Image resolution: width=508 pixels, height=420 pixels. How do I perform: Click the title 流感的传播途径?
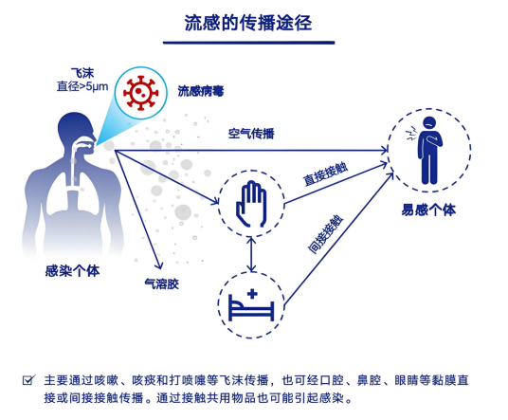point(248,23)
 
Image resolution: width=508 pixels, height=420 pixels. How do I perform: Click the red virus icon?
point(140,93)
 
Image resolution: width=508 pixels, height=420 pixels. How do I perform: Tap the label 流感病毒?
point(201,91)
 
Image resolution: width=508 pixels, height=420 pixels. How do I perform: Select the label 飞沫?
point(82,73)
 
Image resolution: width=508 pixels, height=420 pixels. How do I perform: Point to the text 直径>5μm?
point(82,86)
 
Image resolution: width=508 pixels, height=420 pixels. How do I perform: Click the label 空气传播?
point(251,133)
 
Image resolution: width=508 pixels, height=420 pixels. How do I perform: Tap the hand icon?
point(251,204)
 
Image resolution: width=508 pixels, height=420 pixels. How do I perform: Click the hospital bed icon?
point(251,305)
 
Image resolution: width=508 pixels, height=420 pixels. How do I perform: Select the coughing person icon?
point(427,150)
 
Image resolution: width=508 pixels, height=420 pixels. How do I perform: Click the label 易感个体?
point(428,210)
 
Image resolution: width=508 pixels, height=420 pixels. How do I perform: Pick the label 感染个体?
point(72,271)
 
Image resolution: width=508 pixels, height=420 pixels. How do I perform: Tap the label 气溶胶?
point(162,284)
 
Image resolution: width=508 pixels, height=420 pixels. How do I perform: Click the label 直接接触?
point(326,174)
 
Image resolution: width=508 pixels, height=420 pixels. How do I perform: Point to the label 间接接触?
point(325,234)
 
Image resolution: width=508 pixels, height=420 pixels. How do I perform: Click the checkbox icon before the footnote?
point(28,380)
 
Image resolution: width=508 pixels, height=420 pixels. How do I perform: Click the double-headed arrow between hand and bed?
point(251,254)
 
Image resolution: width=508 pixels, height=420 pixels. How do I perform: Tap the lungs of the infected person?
point(73,194)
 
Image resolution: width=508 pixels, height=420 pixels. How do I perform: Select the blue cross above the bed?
point(252,294)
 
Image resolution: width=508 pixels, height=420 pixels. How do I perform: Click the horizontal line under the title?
point(248,43)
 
